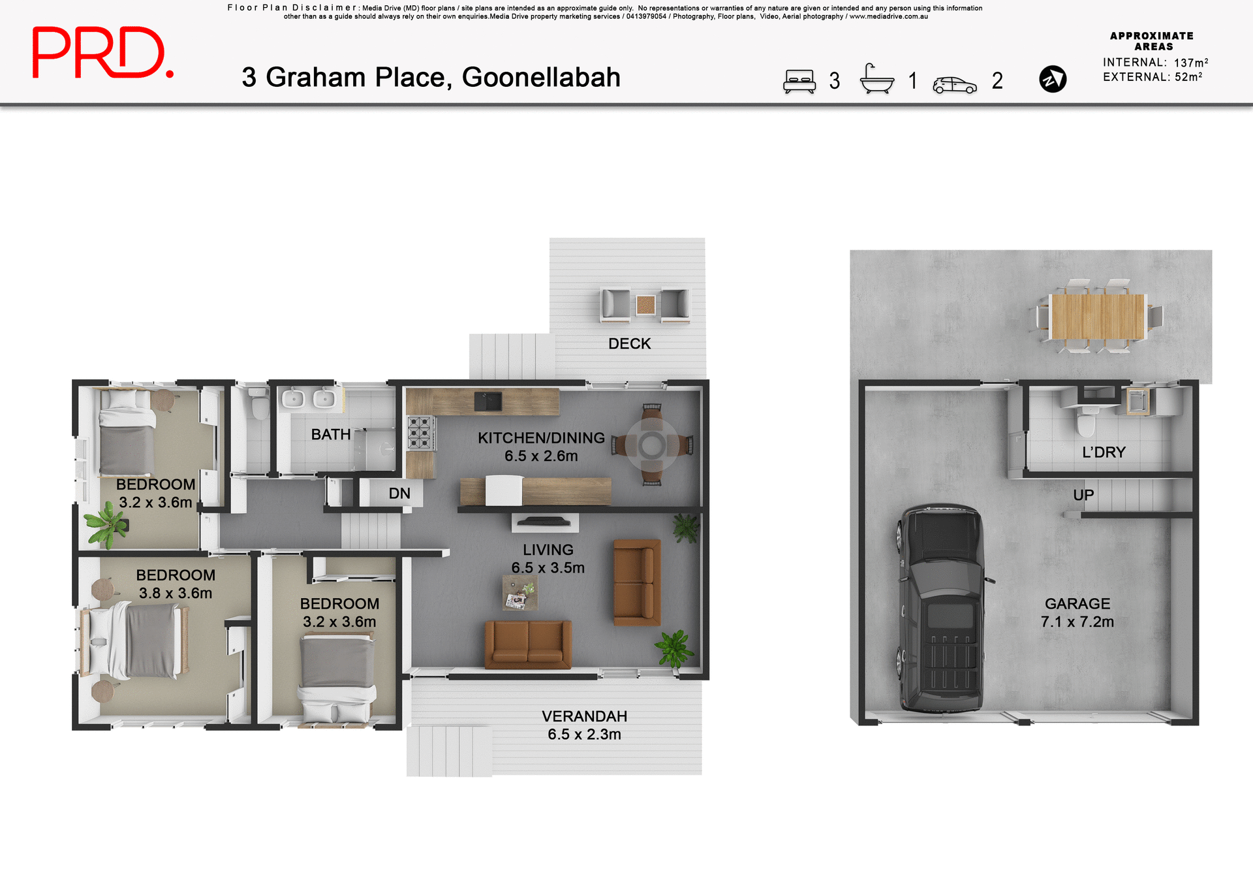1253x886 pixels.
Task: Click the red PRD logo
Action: (102, 53)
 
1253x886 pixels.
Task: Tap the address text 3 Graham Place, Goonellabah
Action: (431, 78)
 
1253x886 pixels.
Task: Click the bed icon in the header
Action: (799, 82)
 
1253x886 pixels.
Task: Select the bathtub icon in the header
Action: (876, 80)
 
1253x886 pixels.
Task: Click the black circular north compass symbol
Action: (1052, 79)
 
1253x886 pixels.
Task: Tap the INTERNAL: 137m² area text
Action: (1155, 63)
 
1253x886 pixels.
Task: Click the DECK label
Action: (629, 343)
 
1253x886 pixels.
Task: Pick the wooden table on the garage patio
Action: (1098, 316)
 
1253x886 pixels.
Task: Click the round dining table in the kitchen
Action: (652, 445)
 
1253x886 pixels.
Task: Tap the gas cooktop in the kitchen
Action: (420, 432)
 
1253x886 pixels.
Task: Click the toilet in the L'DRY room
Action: (1087, 421)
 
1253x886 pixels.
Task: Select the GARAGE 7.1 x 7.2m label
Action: (1077, 612)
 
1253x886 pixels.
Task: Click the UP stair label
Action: (1083, 495)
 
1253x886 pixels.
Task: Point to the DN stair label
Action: (399, 494)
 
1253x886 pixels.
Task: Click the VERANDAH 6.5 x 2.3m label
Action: (584, 725)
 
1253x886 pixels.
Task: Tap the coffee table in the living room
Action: (519, 593)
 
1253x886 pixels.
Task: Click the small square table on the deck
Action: (645, 304)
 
